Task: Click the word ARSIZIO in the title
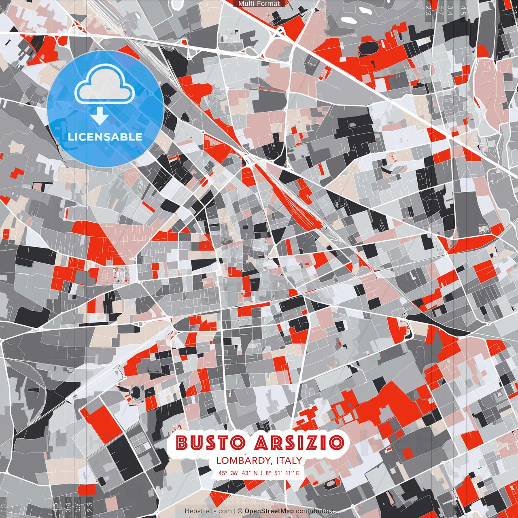point(299,442)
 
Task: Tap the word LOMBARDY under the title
point(243,460)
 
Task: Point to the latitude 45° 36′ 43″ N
point(238,473)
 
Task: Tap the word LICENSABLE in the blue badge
point(105,137)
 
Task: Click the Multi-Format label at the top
point(259,4)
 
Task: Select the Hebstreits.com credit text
point(208,511)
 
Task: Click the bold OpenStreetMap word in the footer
point(269,511)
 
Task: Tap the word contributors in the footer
point(314,511)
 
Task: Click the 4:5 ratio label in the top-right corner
point(463,11)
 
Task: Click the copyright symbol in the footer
point(240,511)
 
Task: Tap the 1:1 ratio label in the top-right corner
point(514,8)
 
